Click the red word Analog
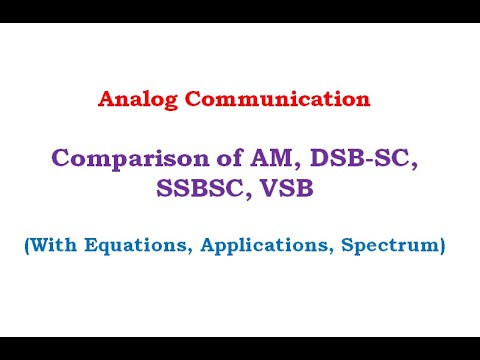pos(135,100)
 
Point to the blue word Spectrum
pos(389,245)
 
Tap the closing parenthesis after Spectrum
pos(440,245)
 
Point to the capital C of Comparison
pos(61,158)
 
